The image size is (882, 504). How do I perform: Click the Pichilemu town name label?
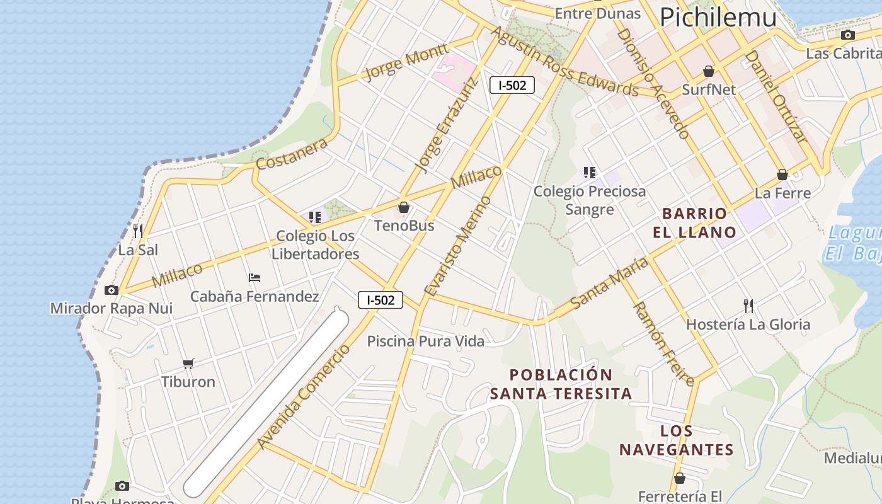point(718,17)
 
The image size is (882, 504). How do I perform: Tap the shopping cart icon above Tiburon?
point(188,364)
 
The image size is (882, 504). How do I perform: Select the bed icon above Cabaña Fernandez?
point(255,277)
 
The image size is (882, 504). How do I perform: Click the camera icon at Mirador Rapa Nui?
point(112,290)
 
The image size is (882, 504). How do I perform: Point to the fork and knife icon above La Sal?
point(138,231)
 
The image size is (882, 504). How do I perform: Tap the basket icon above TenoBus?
point(404,207)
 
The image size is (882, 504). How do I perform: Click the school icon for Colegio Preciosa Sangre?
point(590,172)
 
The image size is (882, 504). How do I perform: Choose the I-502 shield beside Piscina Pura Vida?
point(381,300)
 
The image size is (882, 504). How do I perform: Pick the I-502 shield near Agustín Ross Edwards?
point(512,85)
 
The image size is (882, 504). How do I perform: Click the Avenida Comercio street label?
point(304,398)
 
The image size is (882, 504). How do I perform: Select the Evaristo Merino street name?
point(458,246)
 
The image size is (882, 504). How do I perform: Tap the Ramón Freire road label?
point(663,343)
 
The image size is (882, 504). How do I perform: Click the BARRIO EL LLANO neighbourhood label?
point(694,222)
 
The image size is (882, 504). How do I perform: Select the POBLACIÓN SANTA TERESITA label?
point(561,384)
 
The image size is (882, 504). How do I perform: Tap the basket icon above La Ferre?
point(782,175)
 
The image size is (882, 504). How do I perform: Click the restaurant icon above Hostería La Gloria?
point(748,306)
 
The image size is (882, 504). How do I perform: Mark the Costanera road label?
point(292,154)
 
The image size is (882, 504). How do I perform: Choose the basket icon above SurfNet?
point(709,71)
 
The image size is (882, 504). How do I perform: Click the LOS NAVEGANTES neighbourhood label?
point(677,440)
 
